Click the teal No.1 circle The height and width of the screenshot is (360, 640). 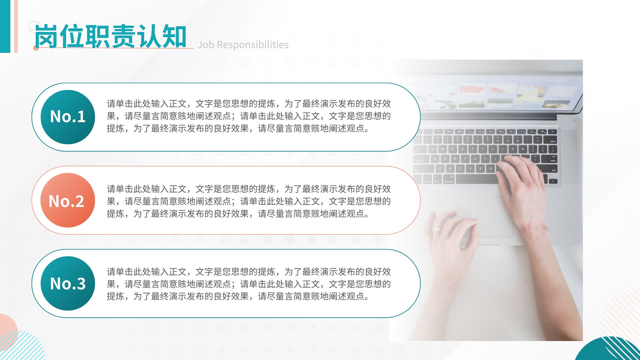tap(68, 117)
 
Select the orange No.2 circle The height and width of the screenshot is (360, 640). tap(68, 200)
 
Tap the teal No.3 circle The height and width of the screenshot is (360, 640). tap(68, 284)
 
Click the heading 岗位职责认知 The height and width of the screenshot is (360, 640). tap(110, 36)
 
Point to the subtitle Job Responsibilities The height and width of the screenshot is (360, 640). tap(243, 44)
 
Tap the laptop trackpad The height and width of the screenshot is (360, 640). tap(485, 216)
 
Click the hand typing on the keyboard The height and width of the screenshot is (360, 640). tap(523, 188)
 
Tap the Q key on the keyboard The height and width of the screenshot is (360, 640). tap(432, 149)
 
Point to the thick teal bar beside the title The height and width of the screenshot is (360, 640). tap(5, 26)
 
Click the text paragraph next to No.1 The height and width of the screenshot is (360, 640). tap(248, 116)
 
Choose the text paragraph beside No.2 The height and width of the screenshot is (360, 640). tap(248, 201)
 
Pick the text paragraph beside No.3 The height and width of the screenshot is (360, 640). tap(248, 284)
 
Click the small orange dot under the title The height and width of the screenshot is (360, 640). tap(36, 48)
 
